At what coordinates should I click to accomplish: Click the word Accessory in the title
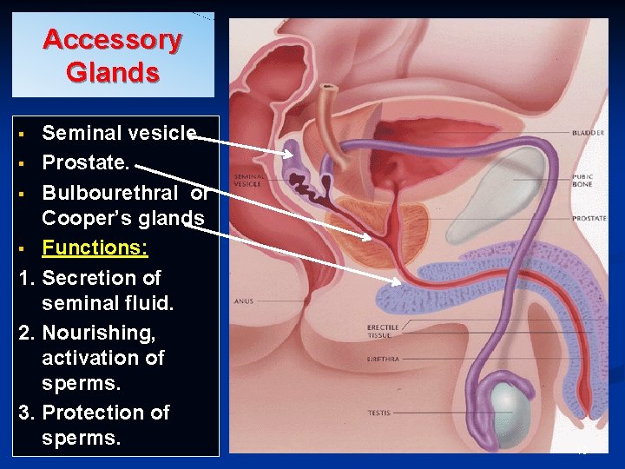tap(112, 40)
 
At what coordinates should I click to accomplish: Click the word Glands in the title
tap(112, 72)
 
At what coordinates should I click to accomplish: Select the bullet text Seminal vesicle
tap(119, 133)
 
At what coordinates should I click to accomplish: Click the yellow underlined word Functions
tap(95, 248)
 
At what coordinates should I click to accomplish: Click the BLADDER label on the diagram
tap(588, 133)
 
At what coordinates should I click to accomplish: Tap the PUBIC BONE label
tap(582, 181)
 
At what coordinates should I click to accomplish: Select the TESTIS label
tap(378, 412)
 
